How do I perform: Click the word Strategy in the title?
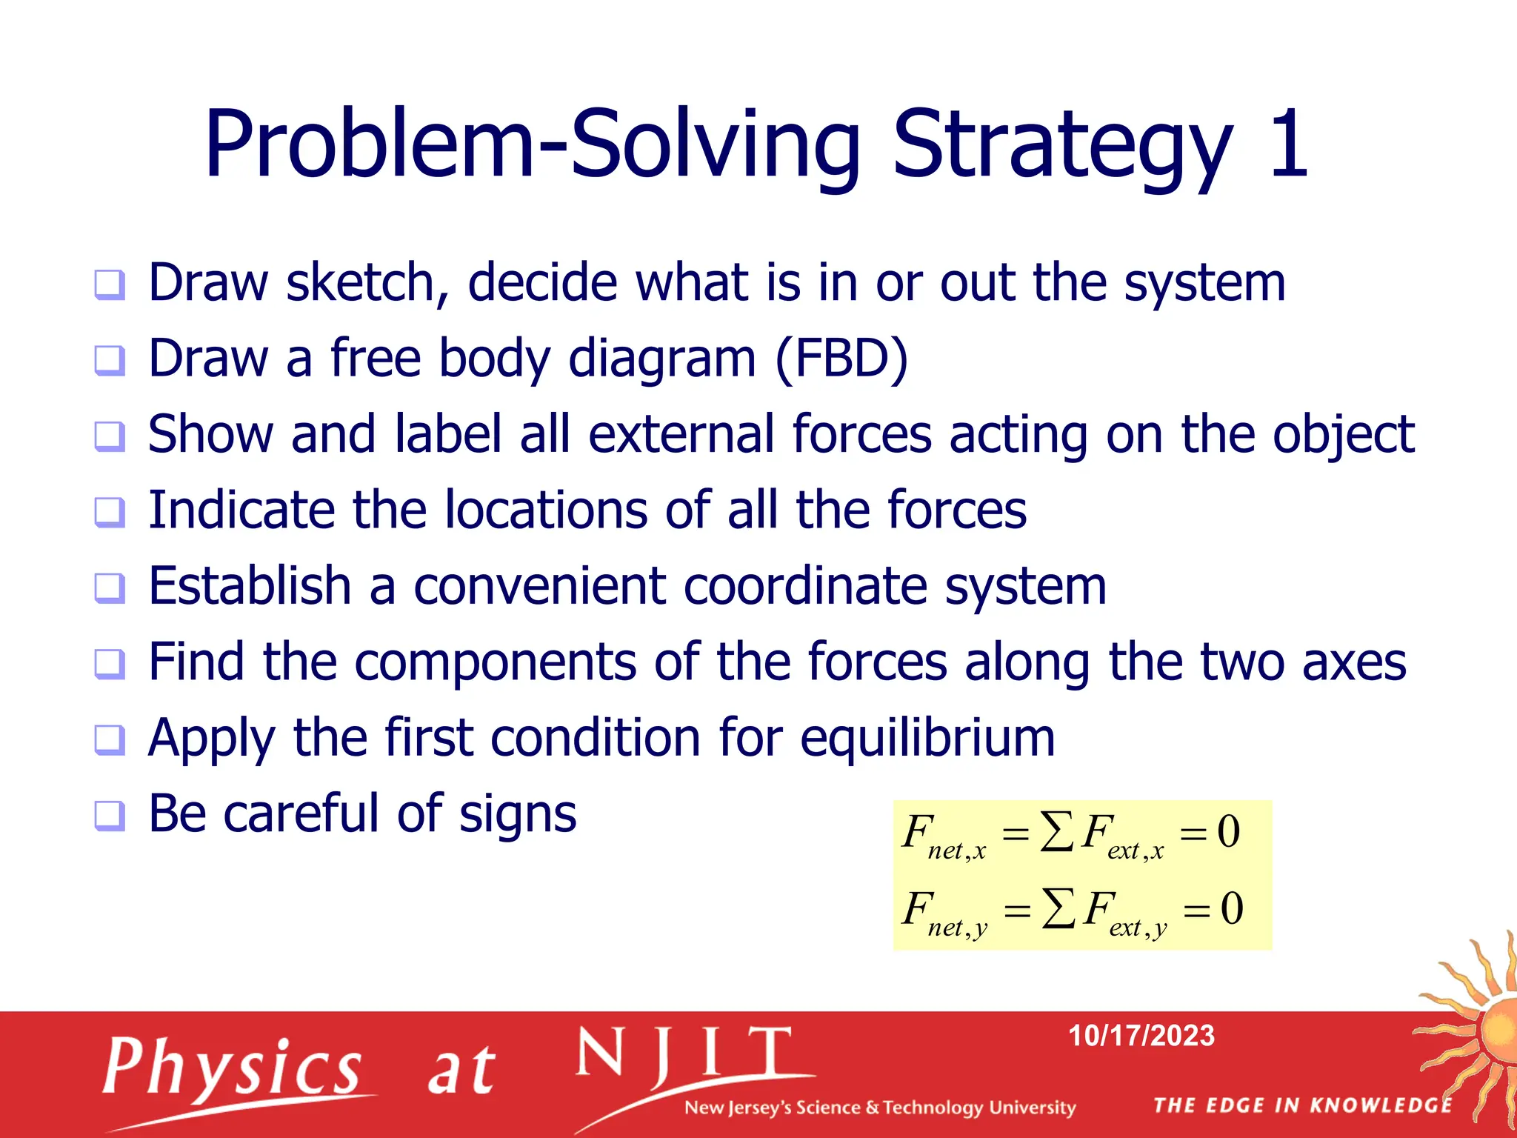click(1062, 146)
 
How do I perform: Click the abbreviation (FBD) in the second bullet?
click(841, 359)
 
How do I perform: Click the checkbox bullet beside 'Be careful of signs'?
click(110, 816)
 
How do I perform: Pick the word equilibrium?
click(927, 739)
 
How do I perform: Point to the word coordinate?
click(804, 586)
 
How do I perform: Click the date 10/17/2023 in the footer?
click(1141, 1036)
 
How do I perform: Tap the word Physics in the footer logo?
click(232, 1067)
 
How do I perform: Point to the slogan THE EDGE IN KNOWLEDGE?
click(1302, 1105)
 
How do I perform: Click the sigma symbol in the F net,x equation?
click(1056, 831)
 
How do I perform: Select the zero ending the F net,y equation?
click(1231, 908)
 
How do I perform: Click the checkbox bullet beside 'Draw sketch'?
click(110, 284)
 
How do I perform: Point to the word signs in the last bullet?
click(517, 814)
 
